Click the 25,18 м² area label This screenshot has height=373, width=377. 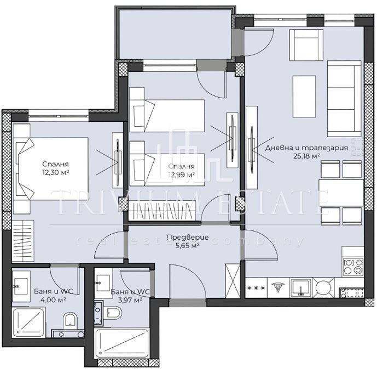(x=306, y=156)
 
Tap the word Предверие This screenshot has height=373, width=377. (x=188, y=238)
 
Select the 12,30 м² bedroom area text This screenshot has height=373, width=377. (x=56, y=172)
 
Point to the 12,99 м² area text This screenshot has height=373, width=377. (x=182, y=174)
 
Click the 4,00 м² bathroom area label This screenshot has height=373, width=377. (x=54, y=299)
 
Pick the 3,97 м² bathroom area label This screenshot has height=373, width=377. (x=130, y=300)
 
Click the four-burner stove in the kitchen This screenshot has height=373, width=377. (x=353, y=266)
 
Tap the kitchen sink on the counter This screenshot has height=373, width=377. (x=301, y=287)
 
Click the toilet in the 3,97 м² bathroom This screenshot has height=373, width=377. (x=114, y=313)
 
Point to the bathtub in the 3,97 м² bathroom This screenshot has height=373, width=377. (x=122, y=343)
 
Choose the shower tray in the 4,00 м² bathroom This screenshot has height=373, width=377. (x=28, y=323)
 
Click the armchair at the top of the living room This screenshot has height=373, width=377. (x=306, y=45)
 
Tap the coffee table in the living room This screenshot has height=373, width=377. (x=304, y=97)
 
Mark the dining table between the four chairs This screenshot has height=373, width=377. (x=341, y=193)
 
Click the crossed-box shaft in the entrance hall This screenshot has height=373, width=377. (x=233, y=281)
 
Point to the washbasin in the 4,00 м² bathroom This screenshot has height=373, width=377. (x=21, y=286)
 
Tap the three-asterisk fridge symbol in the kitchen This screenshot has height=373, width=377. (x=256, y=287)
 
